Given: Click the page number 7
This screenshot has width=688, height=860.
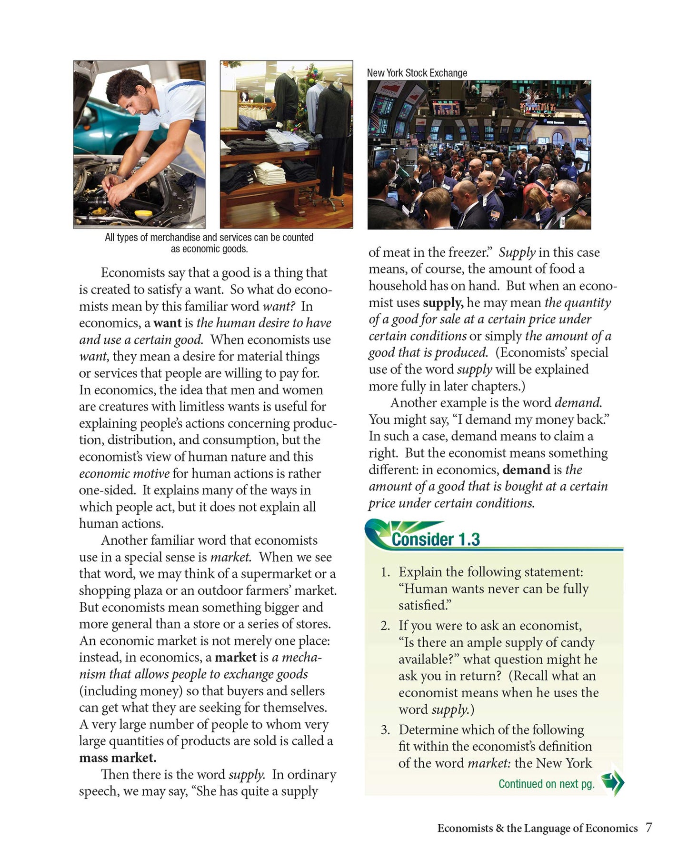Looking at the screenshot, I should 648,827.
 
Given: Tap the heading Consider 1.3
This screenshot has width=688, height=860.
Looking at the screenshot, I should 435,540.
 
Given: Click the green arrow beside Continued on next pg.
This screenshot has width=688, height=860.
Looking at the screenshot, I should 612,783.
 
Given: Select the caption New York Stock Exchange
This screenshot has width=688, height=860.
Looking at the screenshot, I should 417,73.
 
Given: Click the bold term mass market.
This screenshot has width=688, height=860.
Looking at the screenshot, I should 118,757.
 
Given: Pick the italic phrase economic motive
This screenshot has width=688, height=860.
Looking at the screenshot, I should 124,473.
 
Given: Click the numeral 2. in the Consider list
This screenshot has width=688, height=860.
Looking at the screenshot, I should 386,625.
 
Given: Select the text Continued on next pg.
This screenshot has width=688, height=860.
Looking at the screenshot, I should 546,784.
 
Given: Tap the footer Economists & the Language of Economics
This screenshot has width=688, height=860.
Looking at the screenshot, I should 537,828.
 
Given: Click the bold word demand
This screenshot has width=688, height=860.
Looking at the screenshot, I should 526,470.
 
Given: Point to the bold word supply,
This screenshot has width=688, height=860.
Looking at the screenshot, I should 443,302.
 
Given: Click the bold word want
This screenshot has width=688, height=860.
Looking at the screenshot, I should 167,323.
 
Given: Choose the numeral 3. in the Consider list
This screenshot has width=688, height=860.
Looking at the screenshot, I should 386,730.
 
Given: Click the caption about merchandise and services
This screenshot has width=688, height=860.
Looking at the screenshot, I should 209,243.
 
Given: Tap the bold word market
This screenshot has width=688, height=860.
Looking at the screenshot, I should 236,657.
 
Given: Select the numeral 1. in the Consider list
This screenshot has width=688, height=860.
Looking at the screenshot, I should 386,572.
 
